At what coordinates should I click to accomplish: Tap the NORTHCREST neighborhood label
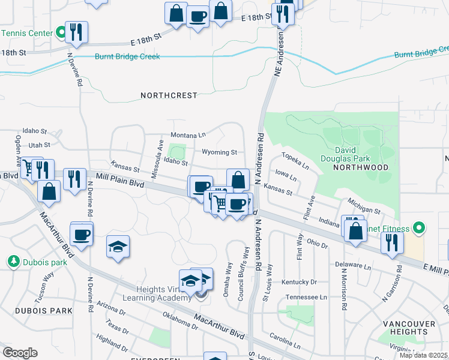pyautogui.click(x=169, y=95)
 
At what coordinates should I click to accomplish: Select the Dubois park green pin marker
pyautogui.click(x=13, y=262)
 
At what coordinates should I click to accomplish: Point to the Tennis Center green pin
pyautogui.click(x=61, y=33)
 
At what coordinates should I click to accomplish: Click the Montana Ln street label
pyautogui.click(x=188, y=135)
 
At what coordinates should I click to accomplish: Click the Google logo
pyautogui.click(x=20, y=352)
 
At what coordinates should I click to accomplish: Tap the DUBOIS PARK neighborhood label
pyautogui.click(x=36, y=311)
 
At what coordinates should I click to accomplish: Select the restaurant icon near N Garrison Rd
pyautogui.click(x=392, y=242)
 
